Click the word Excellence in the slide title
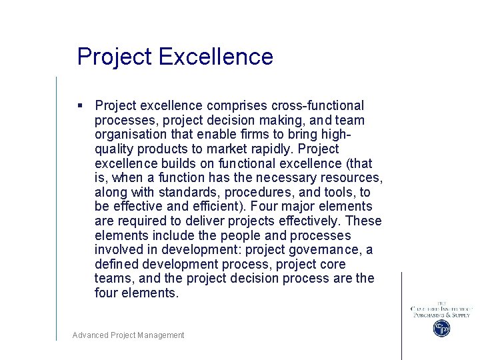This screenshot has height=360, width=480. pos(217,57)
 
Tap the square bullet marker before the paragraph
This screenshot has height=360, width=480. pos(80,105)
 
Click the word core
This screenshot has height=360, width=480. pos(357,264)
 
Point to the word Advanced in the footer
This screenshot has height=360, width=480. pos(90,335)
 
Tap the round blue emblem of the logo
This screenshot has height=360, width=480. pos(441,328)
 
